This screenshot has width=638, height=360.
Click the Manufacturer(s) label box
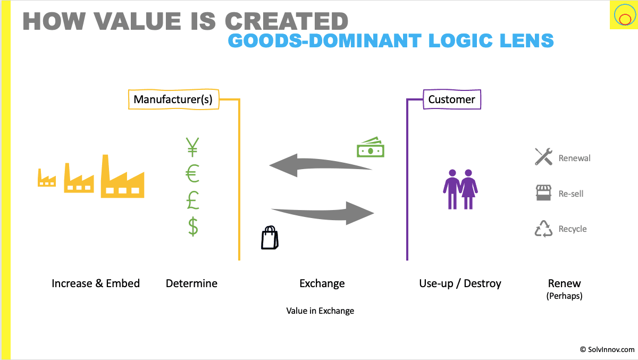(174, 99)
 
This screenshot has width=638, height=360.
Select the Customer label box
(451, 99)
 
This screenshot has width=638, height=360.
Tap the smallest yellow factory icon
(47, 178)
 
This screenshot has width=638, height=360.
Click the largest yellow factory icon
(122, 177)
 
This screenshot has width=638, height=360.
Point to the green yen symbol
(192, 147)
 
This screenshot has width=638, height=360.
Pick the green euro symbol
(192, 174)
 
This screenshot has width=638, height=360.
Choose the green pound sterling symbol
(192, 200)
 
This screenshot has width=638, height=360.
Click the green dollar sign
(193, 227)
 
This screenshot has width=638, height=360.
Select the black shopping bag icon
(270, 238)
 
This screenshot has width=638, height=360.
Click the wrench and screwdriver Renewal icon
(543, 157)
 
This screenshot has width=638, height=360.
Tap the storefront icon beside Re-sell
(543, 193)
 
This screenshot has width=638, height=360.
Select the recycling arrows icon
(543, 229)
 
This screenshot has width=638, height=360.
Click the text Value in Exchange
(320, 311)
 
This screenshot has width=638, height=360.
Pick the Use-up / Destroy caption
(460, 283)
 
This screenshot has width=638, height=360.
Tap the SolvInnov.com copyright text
(607, 349)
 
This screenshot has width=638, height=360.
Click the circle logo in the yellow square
(622, 15)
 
